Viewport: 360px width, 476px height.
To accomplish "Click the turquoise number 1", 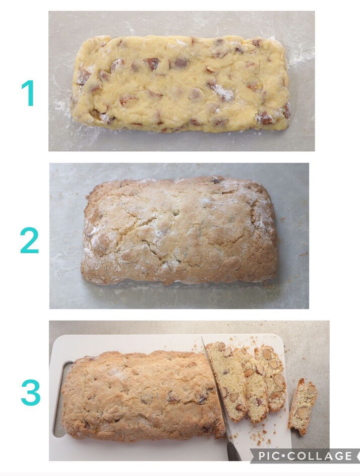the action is tap(28, 93).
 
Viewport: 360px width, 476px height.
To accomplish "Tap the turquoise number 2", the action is tap(29, 240).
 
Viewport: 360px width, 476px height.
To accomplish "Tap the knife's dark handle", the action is tap(233, 451).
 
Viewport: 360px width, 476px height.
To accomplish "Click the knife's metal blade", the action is tap(215, 389).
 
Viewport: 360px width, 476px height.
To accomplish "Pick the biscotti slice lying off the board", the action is tap(303, 406).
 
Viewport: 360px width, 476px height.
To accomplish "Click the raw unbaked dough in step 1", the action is tap(181, 84).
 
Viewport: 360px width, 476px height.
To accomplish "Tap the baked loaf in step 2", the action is tap(179, 231).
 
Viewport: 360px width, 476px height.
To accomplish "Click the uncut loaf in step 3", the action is tap(143, 396).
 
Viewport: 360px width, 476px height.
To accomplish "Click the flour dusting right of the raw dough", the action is tap(301, 54).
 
